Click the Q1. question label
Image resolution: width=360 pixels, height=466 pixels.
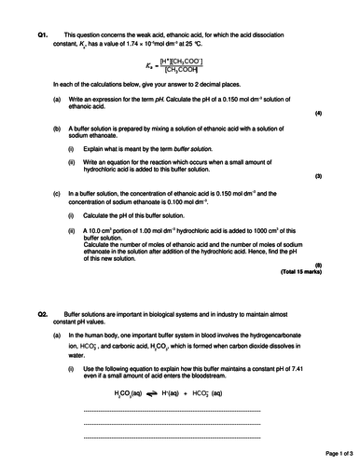coord(43,34)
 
